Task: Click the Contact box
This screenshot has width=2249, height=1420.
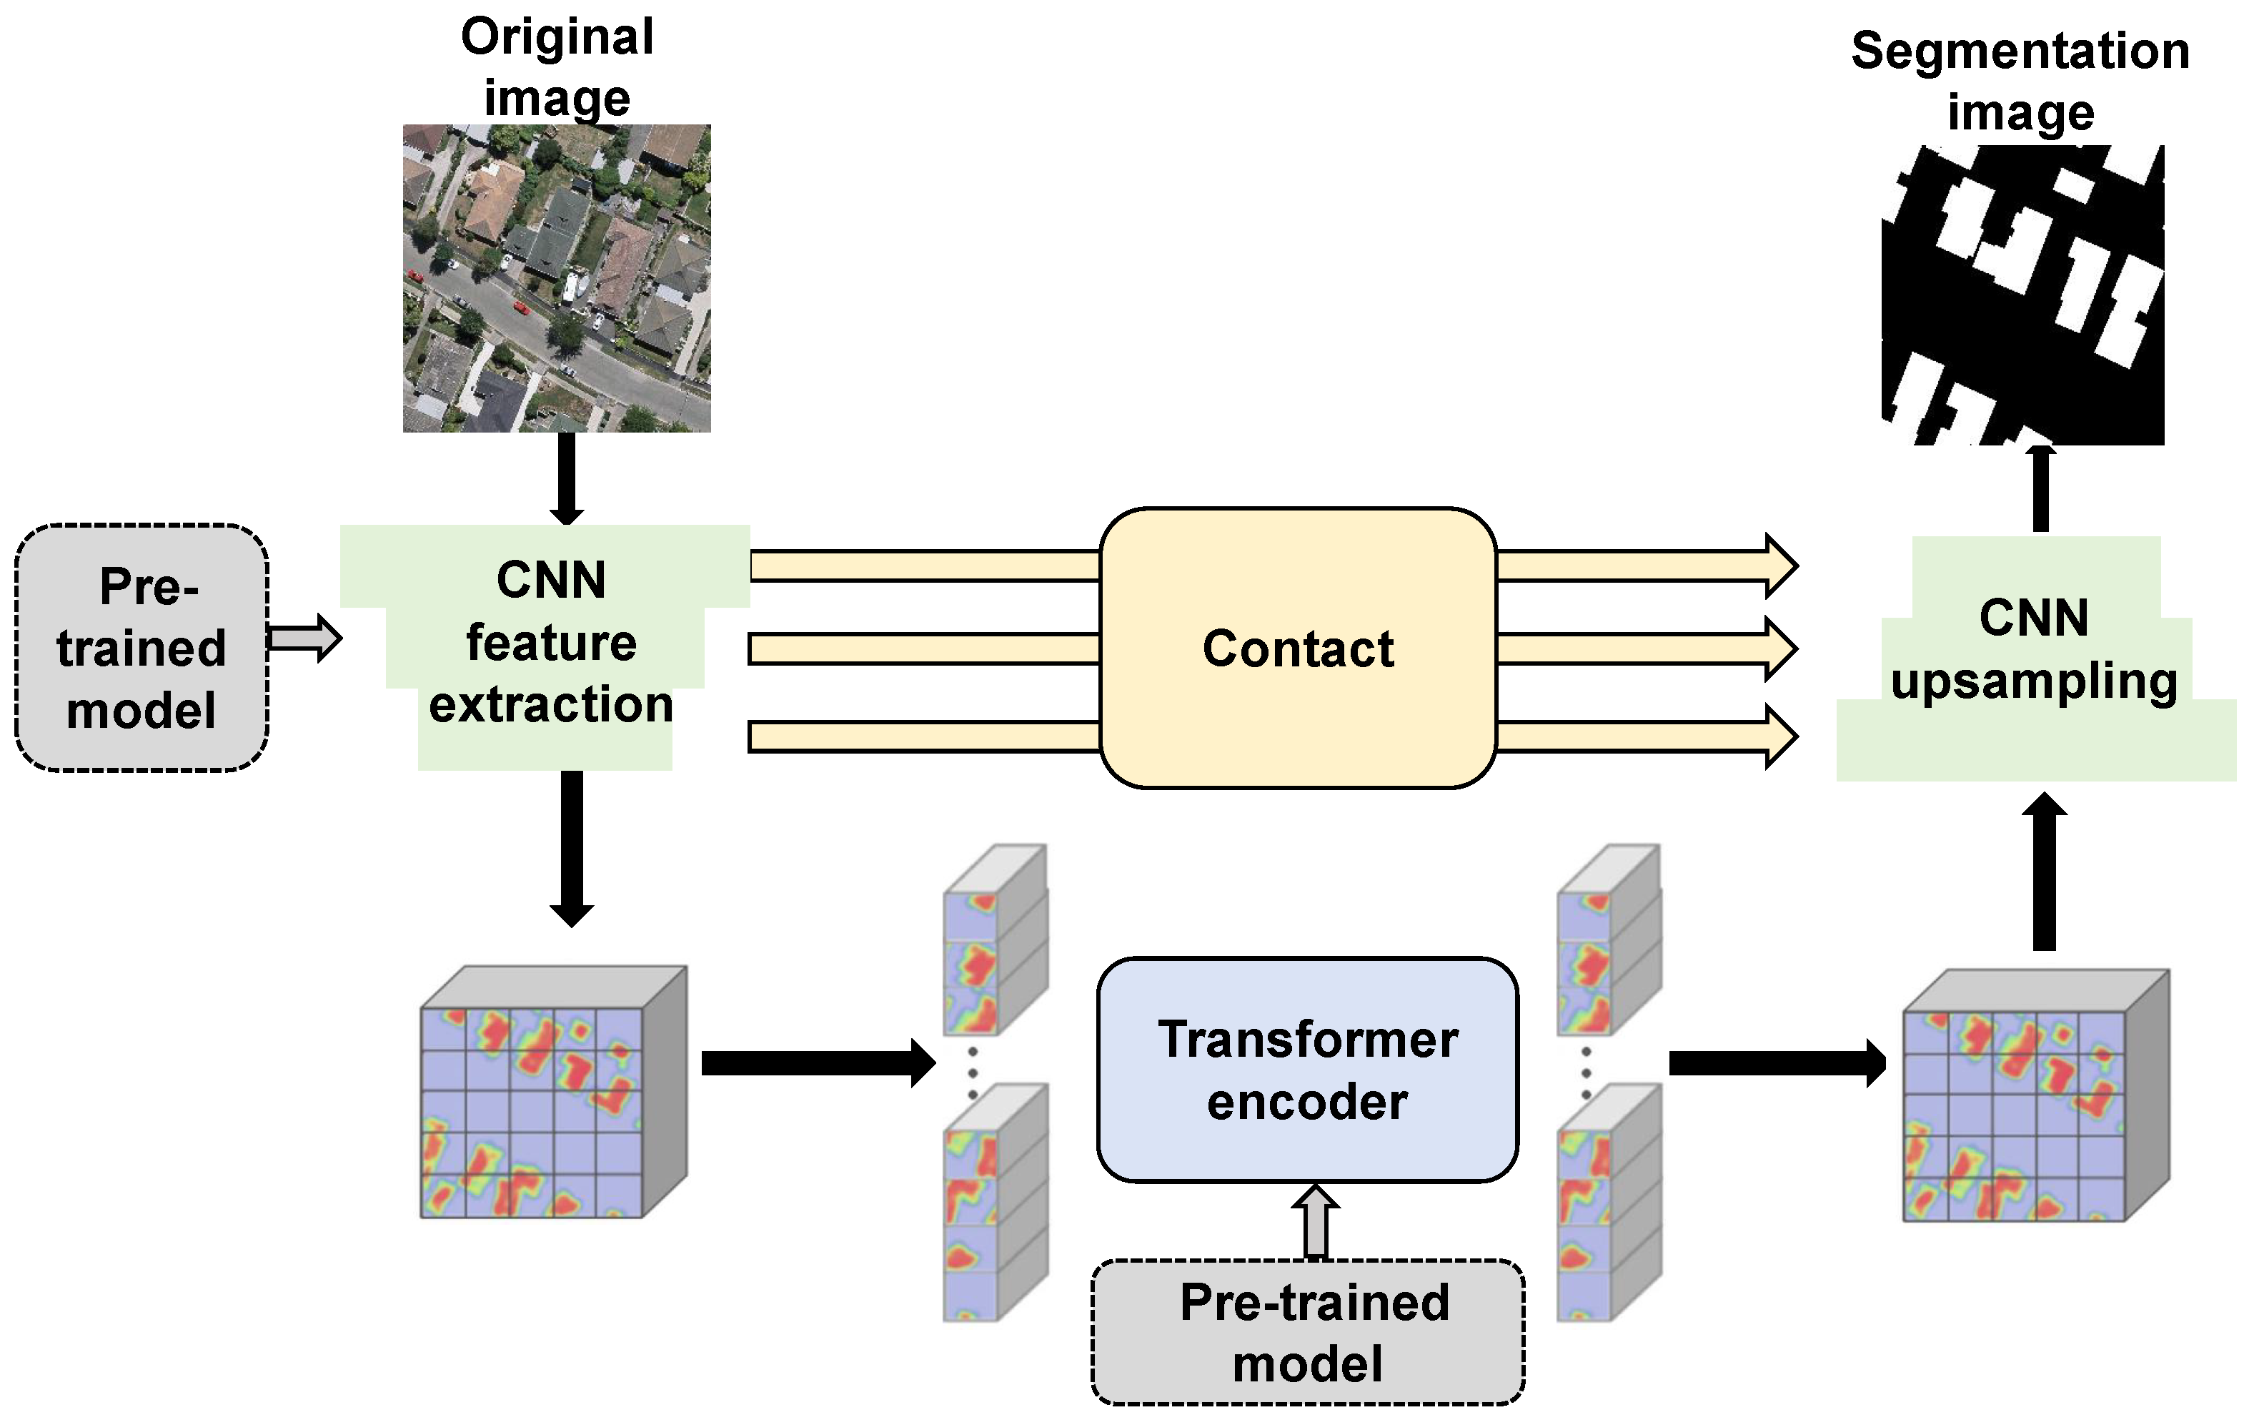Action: coord(1299,649)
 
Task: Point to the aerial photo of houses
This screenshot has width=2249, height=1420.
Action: coord(557,278)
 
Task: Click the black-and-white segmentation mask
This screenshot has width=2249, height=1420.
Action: coord(2022,295)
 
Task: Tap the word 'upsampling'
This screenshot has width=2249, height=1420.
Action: coord(2034,680)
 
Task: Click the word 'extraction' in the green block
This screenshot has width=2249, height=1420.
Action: coord(551,704)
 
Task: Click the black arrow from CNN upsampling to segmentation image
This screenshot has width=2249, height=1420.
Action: coord(2041,488)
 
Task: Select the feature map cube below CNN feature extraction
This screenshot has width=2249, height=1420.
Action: coord(553,1093)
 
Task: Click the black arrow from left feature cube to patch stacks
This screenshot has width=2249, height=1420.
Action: coord(818,1063)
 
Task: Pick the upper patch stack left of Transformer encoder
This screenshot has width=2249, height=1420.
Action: coord(994,940)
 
